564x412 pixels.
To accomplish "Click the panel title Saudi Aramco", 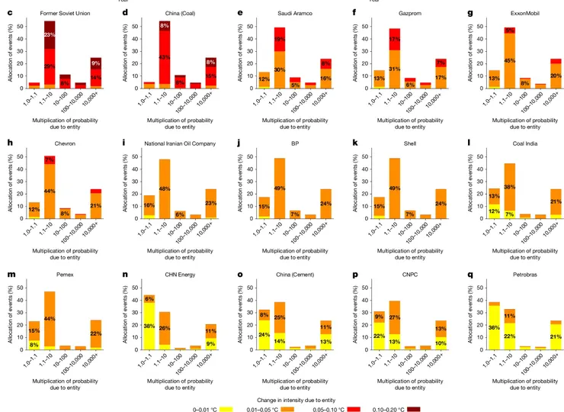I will pos(277,14).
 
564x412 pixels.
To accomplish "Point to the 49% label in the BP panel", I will pos(279,188).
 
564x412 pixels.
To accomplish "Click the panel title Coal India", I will pos(507,143).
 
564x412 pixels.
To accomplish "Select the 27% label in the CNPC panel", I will pos(394,317).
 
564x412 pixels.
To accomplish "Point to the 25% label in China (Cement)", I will pos(279,317).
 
